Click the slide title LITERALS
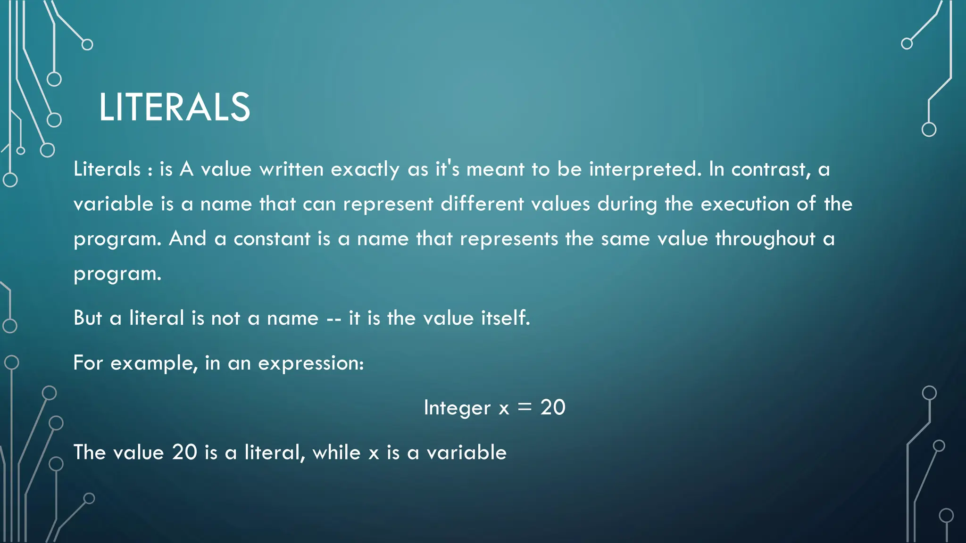[174, 107]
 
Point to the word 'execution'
[745, 204]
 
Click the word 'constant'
[272, 239]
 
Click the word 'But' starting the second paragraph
[88, 318]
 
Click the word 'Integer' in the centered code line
[457, 408]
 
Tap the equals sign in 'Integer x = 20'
[524, 408]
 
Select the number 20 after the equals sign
[553, 408]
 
